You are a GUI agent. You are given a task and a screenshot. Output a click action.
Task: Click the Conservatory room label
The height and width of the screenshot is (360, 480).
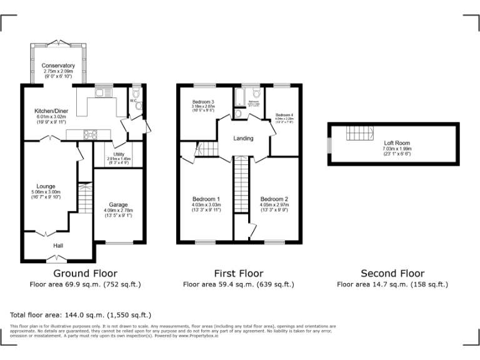pyautogui.click(x=58, y=66)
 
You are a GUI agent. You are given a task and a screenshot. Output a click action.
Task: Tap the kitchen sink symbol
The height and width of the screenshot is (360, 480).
pyautogui.click(x=104, y=93)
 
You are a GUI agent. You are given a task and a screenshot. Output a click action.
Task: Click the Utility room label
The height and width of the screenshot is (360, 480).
pyautogui.click(x=119, y=154)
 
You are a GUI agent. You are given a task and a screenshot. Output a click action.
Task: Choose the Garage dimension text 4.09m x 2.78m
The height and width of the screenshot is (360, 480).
pyautogui.click(x=119, y=211)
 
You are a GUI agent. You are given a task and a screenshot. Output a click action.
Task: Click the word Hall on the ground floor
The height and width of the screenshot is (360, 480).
pyautogui.click(x=57, y=246)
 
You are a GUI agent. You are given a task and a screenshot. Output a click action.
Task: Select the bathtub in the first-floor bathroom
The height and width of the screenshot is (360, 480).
pyautogui.click(x=239, y=97)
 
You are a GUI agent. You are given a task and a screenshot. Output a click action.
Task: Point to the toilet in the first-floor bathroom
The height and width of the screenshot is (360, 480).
pyautogui.click(x=239, y=114)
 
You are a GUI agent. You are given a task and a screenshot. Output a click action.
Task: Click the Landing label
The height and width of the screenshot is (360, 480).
pyautogui.click(x=243, y=138)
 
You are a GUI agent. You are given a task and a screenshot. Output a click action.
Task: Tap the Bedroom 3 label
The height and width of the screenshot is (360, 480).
pyautogui.click(x=203, y=102)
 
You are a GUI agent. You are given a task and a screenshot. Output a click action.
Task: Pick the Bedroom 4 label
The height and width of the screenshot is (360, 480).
pyautogui.click(x=284, y=115)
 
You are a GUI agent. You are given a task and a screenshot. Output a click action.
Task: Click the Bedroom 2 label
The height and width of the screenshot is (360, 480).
pyautogui.click(x=274, y=199)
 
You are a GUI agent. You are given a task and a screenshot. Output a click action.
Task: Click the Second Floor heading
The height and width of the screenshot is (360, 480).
pyautogui.click(x=392, y=273)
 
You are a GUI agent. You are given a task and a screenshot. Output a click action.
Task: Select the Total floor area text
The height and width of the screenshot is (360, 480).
pyautogui.click(x=81, y=314)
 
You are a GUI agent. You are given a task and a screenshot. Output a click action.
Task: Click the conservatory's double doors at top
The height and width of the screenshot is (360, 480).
pyautogui.click(x=58, y=42)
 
